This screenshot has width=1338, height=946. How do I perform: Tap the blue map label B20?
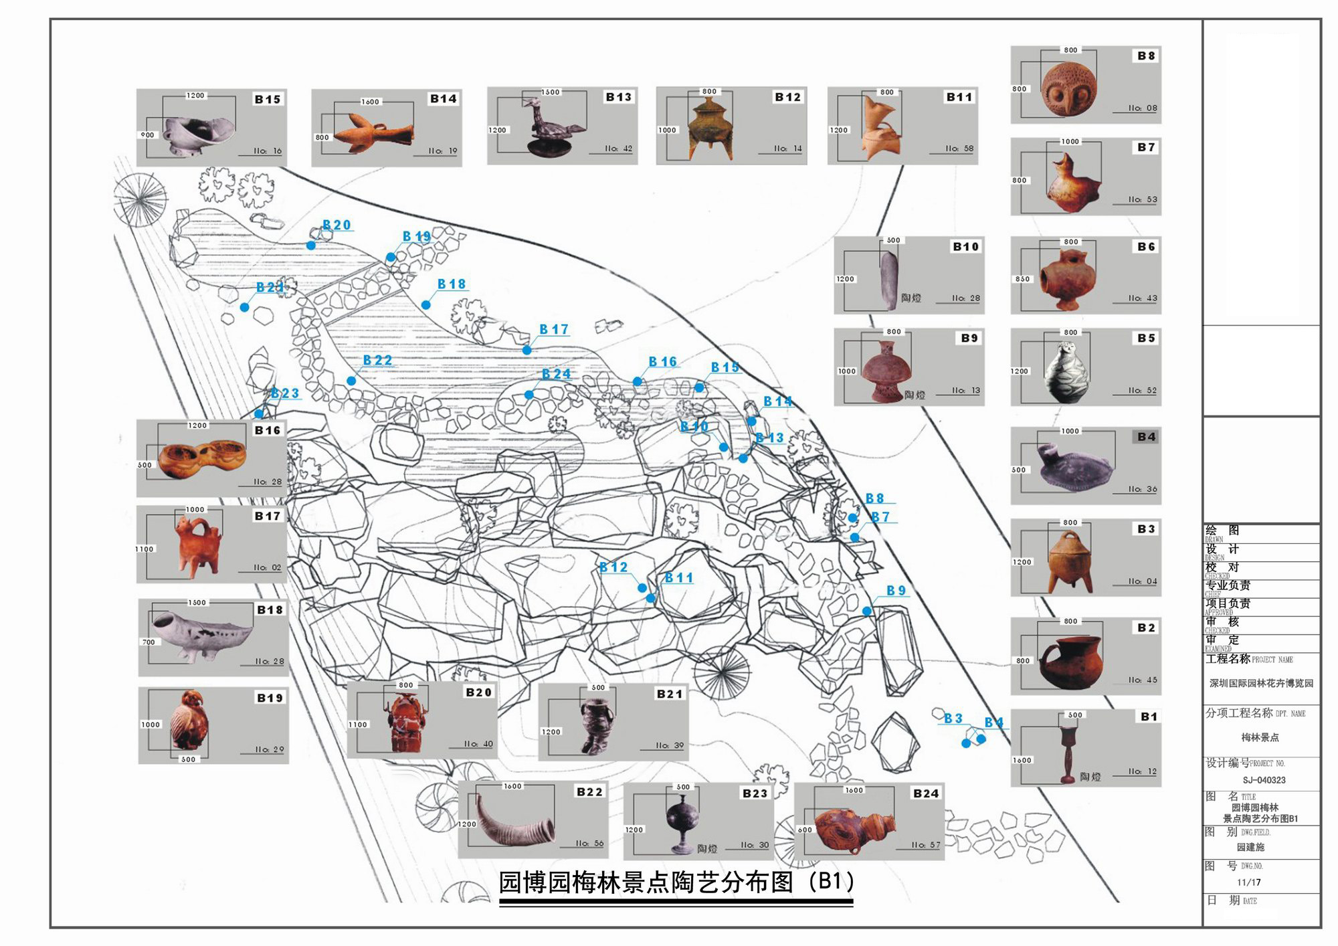click(337, 225)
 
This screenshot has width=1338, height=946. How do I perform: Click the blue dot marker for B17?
click(527, 350)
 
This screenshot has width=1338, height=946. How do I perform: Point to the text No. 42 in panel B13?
click(618, 149)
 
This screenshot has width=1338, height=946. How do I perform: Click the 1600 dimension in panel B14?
click(370, 102)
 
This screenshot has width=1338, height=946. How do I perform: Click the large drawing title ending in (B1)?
click(676, 882)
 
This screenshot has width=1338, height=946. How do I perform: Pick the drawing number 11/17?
click(1248, 882)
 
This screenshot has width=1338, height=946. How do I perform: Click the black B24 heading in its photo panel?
click(926, 793)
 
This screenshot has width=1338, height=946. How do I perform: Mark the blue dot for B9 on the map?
click(867, 611)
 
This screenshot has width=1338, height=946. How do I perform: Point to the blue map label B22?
click(377, 361)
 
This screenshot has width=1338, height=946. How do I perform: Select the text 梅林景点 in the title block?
click(1260, 737)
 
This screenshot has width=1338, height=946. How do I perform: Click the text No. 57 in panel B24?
click(926, 845)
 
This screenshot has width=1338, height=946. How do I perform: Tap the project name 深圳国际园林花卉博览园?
click(1261, 683)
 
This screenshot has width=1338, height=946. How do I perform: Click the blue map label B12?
click(613, 567)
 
